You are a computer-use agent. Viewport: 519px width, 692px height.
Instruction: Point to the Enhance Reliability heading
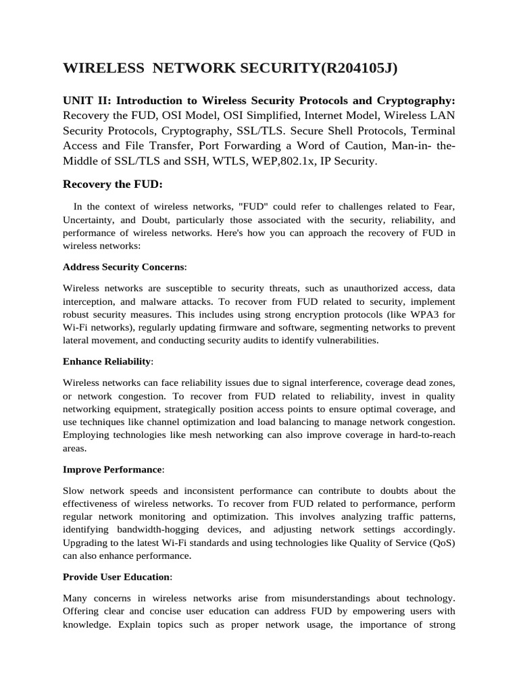pyautogui.click(x=107, y=362)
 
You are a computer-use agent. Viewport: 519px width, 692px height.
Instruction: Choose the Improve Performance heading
pyautogui.click(x=112, y=469)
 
